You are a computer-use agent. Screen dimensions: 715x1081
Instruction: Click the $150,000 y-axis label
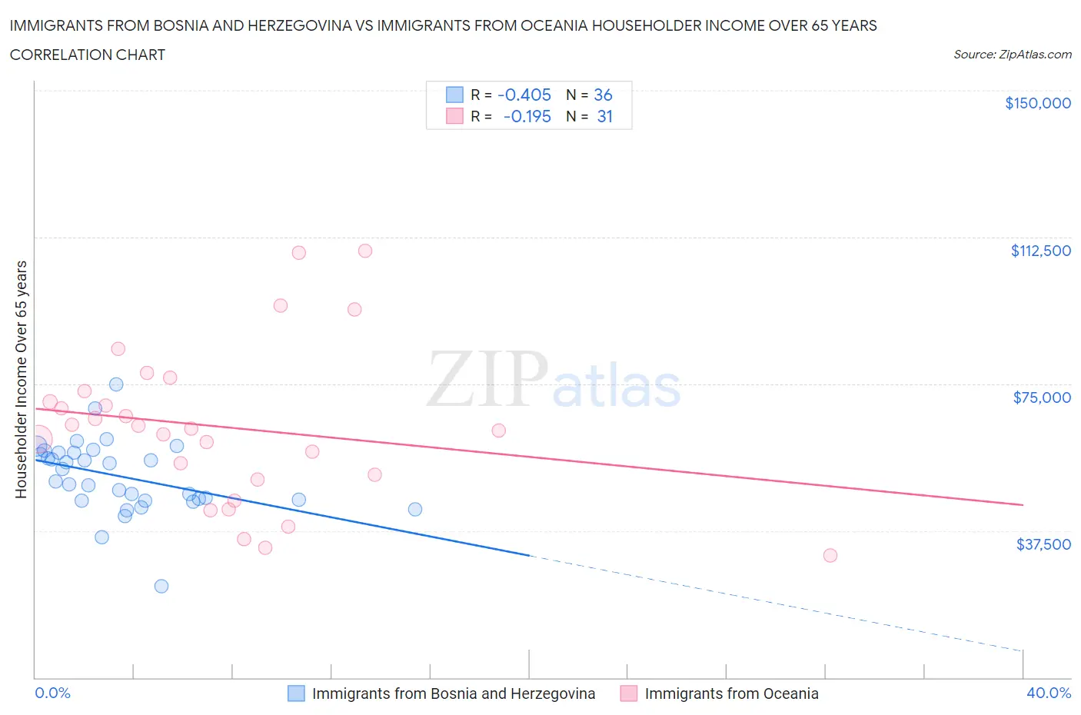tap(1037, 103)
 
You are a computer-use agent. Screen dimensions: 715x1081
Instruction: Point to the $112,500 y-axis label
tap(1040, 251)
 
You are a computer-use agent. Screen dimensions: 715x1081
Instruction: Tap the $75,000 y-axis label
tap(1042, 397)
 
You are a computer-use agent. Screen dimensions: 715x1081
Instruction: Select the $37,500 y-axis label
tap(1043, 544)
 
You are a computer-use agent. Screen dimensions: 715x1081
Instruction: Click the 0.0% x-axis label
tap(52, 693)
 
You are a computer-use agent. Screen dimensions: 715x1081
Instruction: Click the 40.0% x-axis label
tap(1049, 693)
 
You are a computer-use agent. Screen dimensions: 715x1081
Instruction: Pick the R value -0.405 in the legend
tap(524, 95)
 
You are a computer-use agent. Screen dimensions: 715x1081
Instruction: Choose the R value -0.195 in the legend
tap(527, 116)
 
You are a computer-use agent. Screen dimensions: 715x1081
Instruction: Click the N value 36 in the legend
tap(603, 95)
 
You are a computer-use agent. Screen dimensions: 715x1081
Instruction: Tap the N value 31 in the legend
tap(604, 116)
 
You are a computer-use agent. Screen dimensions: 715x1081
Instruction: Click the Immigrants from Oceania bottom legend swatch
tap(629, 693)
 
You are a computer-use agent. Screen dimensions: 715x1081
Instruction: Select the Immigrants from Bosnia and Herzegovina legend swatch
tap(296, 693)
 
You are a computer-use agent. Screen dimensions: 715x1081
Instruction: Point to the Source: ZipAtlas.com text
tap(1012, 55)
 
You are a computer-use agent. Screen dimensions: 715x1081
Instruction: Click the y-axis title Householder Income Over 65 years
tap(22, 379)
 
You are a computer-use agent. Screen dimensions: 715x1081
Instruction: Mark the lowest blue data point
tap(161, 586)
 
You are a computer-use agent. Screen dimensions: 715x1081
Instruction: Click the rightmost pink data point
tap(830, 555)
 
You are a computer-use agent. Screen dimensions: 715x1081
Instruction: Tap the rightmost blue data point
tap(415, 509)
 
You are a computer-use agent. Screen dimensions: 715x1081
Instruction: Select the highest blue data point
tap(116, 384)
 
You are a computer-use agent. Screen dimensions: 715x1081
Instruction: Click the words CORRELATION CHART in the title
tap(88, 55)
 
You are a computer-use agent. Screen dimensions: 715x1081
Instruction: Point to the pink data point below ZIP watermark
tap(498, 431)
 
